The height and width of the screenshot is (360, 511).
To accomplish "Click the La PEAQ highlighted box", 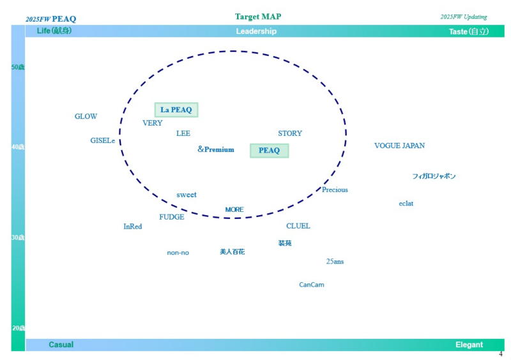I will coord(176,110).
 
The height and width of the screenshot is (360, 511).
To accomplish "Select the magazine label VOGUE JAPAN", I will coord(399,146).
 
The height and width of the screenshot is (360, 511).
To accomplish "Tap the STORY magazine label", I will coord(290,133).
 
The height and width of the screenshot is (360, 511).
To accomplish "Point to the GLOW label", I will coord(86,116).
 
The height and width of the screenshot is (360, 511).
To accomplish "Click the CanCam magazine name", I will coord(312,285).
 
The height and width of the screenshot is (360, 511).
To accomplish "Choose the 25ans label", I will coord(335,261).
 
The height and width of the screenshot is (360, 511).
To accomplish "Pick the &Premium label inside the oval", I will coord(216,149).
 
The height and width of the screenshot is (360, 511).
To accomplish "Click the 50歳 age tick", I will coord(18,67).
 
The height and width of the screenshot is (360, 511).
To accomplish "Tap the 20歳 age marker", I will coord(18,328).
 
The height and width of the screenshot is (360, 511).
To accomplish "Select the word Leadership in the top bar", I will coord(256,31).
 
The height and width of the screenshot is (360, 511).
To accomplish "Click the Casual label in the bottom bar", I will coord(61,345).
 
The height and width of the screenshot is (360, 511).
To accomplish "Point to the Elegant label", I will coord(469,345).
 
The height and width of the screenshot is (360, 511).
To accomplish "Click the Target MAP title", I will coord(257,17).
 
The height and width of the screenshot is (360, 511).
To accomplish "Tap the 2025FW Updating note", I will coord(463,17).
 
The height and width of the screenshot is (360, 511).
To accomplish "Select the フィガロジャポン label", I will coord(434,176).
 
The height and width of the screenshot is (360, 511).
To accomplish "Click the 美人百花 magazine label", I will coord(232,252).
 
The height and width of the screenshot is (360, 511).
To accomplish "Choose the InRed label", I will coord(133,227).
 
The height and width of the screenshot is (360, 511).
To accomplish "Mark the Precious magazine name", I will coord(335,190).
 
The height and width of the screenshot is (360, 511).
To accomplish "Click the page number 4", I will coord(501,354).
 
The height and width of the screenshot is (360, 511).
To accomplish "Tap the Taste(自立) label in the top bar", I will coord(469,31).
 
